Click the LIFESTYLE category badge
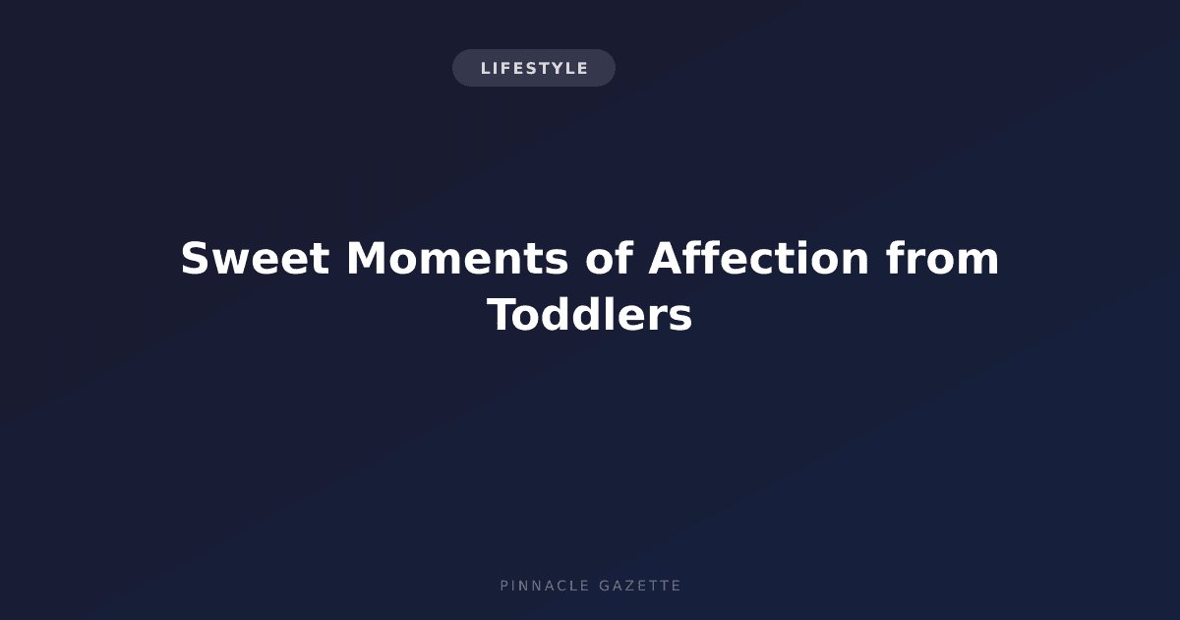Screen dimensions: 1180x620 tap(534, 68)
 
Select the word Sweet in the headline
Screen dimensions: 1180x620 tap(255, 258)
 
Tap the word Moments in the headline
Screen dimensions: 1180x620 tap(457, 258)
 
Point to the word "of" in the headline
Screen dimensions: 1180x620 tap(610, 258)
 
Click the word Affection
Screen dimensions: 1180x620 tap(758, 258)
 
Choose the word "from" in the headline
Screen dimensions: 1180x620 tap(942, 258)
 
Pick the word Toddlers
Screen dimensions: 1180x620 tap(589, 315)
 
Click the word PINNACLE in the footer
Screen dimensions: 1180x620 tap(545, 586)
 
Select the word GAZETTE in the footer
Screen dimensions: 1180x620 tap(640, 586)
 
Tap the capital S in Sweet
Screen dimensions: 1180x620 tap(194, 258)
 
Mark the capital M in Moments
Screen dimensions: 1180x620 tap(366, 258)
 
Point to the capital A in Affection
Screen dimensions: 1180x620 tap(666, 258)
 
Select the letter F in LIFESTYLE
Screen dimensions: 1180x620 tap(501, 69)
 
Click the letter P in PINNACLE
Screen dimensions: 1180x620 tap(504, 586)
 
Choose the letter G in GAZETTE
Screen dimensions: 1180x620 tap(605, 586)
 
